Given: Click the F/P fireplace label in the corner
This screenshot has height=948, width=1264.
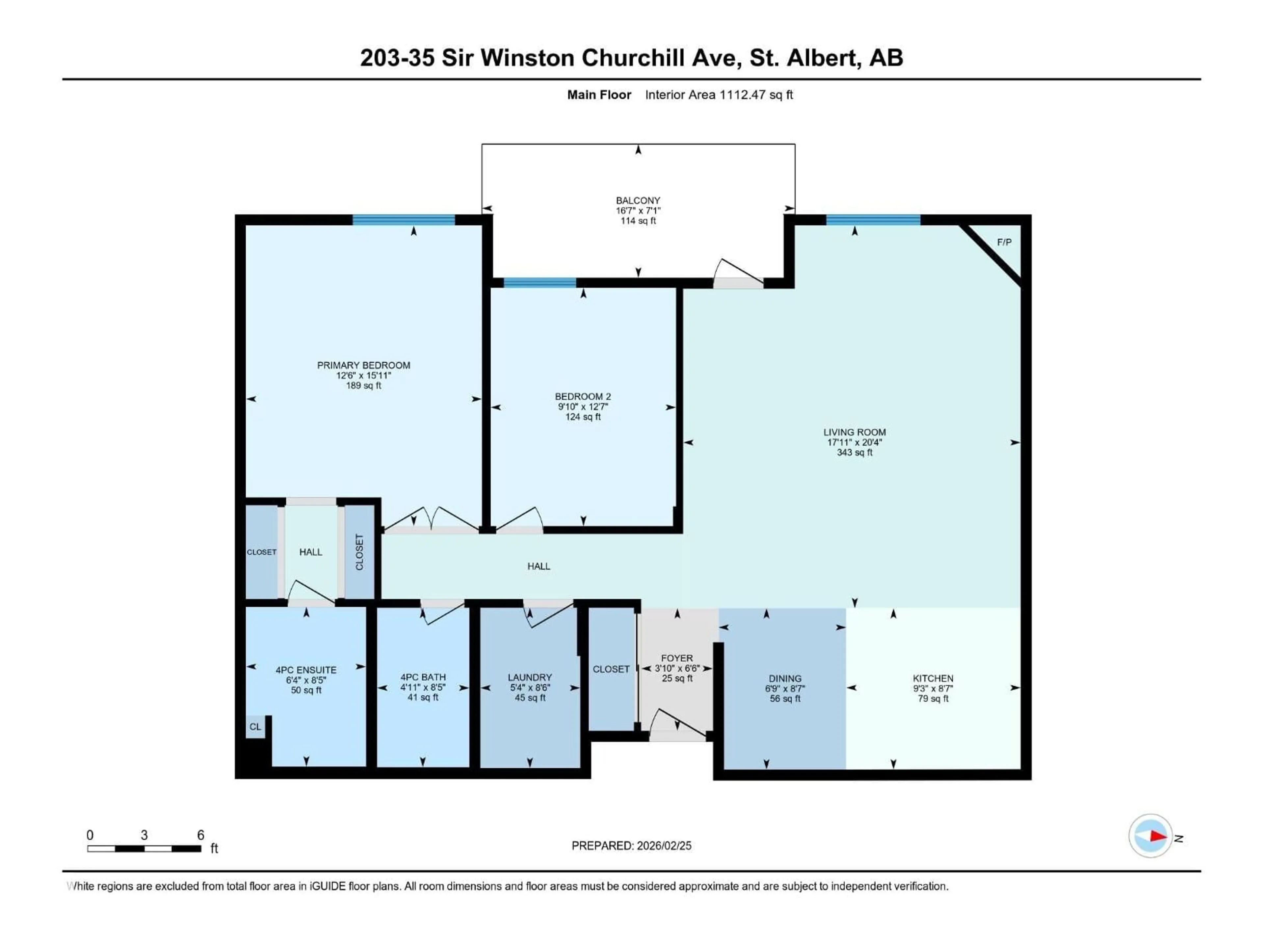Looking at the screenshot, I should click(1004, 242).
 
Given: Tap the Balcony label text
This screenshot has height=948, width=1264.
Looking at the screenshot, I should click(638, 200).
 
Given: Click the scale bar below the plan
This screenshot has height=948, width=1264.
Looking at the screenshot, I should click(144, 849).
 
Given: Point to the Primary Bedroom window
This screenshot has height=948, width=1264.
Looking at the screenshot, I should click(404, 220).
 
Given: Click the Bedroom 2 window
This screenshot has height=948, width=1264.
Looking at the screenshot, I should click(540, 282).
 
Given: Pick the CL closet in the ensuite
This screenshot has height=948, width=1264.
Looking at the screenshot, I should click(255, 727).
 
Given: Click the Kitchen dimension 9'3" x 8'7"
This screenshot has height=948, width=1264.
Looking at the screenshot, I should click(933, 689).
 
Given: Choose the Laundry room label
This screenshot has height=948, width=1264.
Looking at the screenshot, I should click(530, 678).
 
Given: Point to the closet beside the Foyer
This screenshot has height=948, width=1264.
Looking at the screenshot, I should click(611, 669).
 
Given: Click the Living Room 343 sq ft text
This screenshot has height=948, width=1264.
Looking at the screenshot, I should click(854, 453).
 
